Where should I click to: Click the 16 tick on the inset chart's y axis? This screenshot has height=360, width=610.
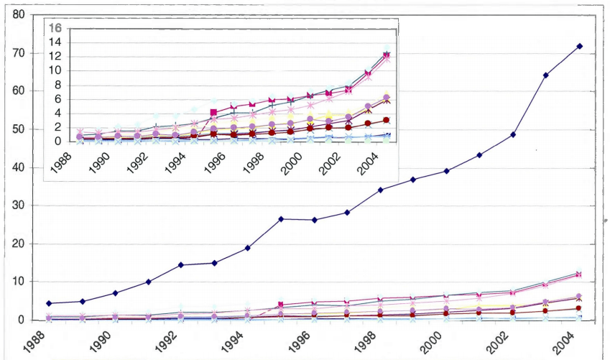click(55, 28)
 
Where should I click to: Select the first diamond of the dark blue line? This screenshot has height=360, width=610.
click(48, 303)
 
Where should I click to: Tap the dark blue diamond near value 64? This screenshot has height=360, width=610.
click(546, 75)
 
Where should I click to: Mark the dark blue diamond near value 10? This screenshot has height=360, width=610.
click(148, 282)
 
